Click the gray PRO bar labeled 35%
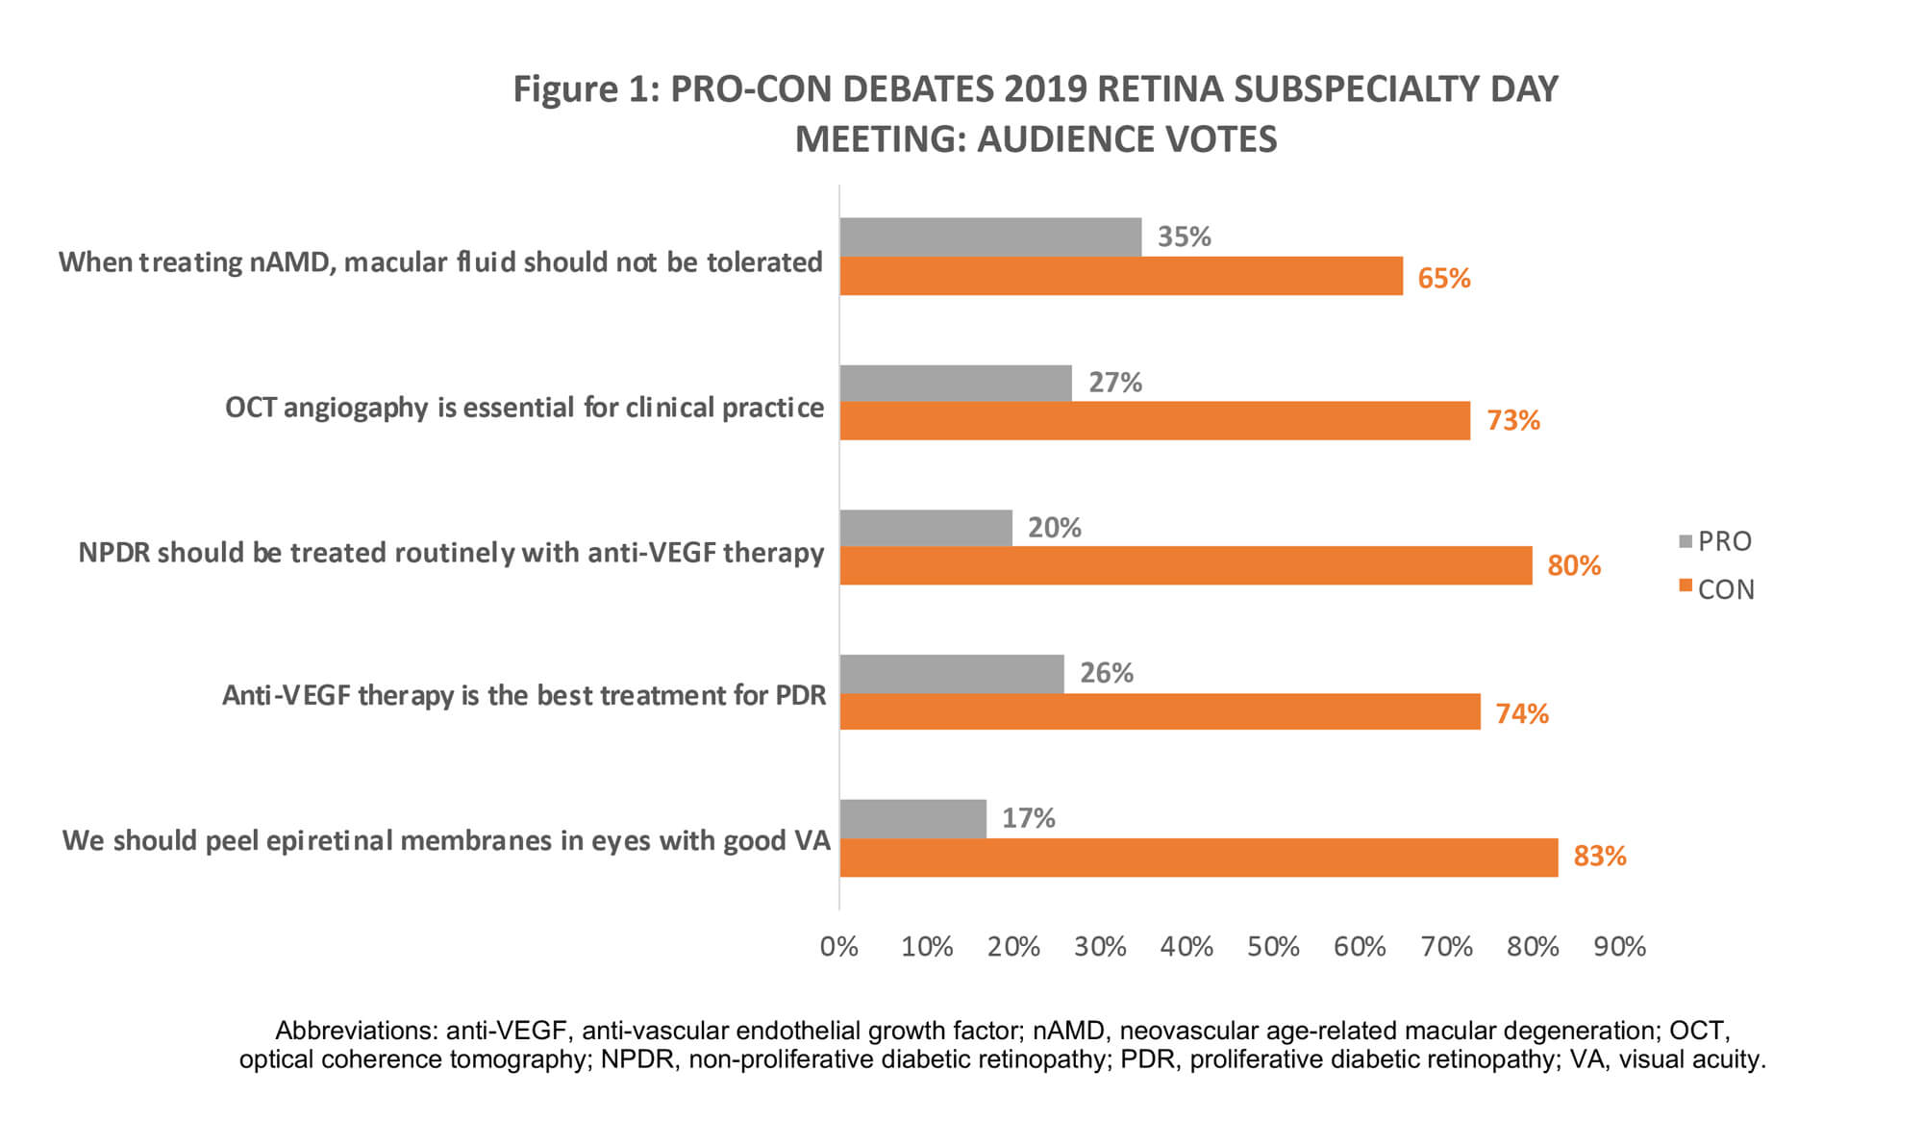pyautogui.click(x=990, y=236)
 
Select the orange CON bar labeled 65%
pyautogui.click(x=1121, y=276)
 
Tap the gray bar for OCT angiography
pyautogui.click(x=956, y=383)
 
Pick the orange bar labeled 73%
pyautogui.click(x=1155, y=421)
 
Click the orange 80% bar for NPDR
pyautogui.click(x=1186, y=565)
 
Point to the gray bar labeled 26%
pyautogui.click(x=952, y=673)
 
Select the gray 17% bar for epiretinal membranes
pyautogui.click(x=912, y=818)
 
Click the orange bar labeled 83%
pyautogui.click(x=1198, y=857)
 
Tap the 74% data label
pyautogui.click(x=1521, y=713)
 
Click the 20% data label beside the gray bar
pyautogui.click(x=1054, y=528)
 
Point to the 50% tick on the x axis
pyautogui.click(x=1273, y=947)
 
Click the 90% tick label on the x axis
pyautogui.click(x=1619, y=947)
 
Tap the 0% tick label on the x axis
pyautogui.click(x=838, y=947)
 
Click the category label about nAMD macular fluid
pyautogui.click(x=440, y=262)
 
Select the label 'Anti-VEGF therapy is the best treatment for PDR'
pyautogui.click(x=524, y=695)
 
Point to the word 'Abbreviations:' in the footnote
pyautogui.click(x=357, y=1031)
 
